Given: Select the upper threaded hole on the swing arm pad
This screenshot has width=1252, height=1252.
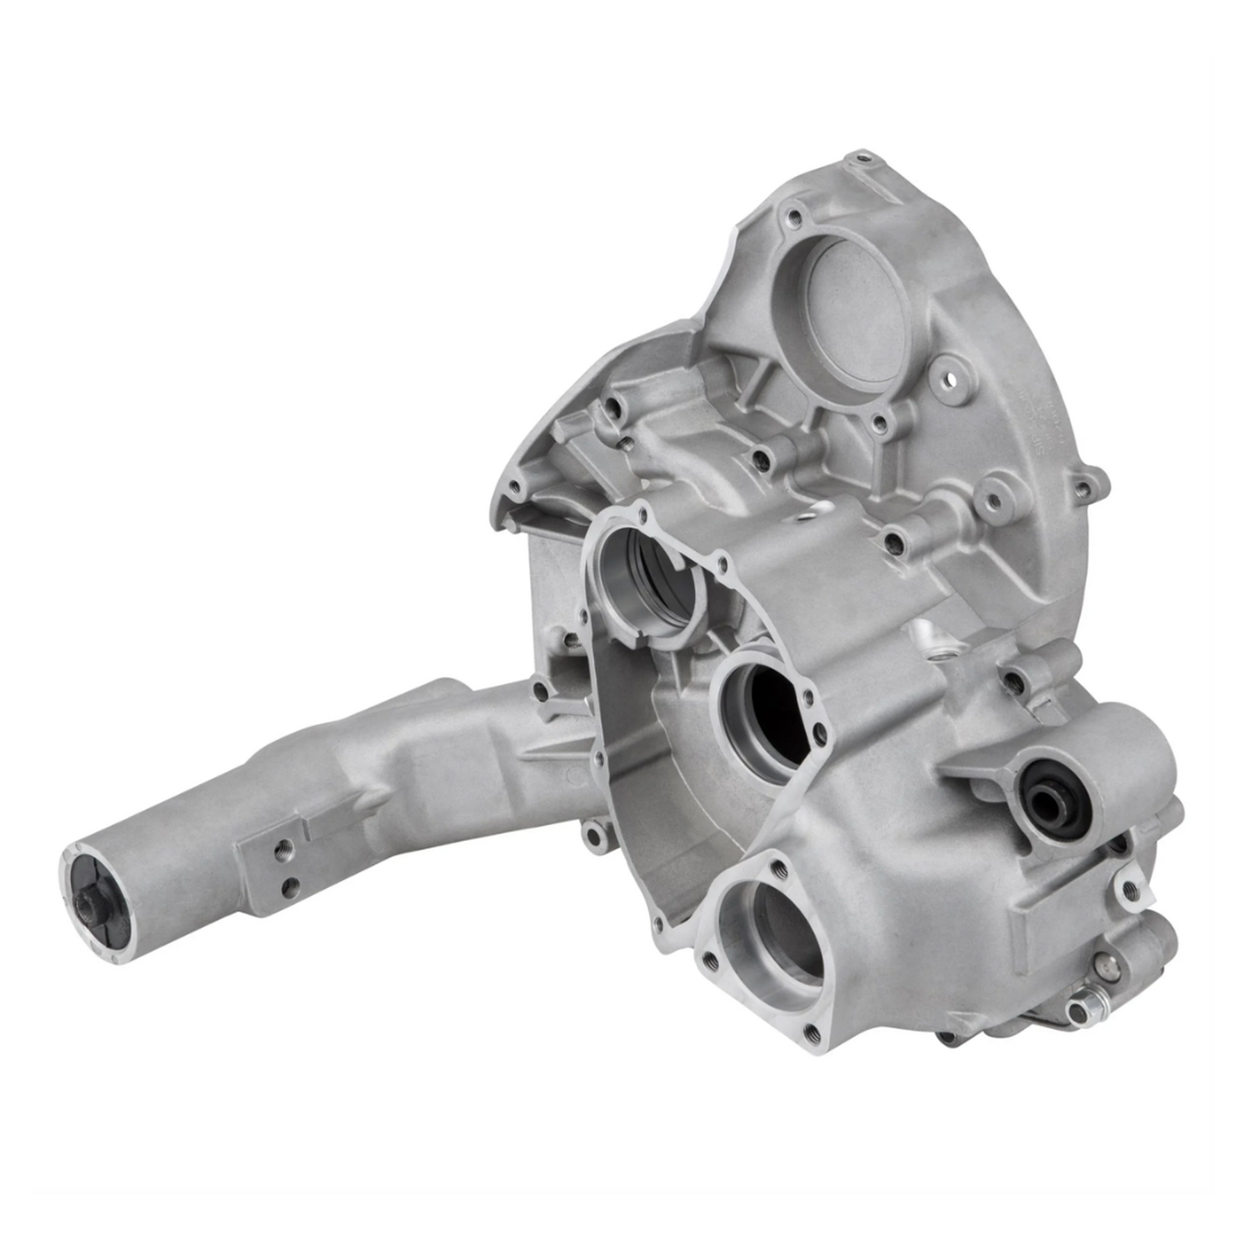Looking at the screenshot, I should (x=283, y=849).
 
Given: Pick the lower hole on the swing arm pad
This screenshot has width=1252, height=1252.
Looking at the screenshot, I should (x=290, y=886).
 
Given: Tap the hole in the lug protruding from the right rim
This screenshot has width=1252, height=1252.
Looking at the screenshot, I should (x=1082, y=490).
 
